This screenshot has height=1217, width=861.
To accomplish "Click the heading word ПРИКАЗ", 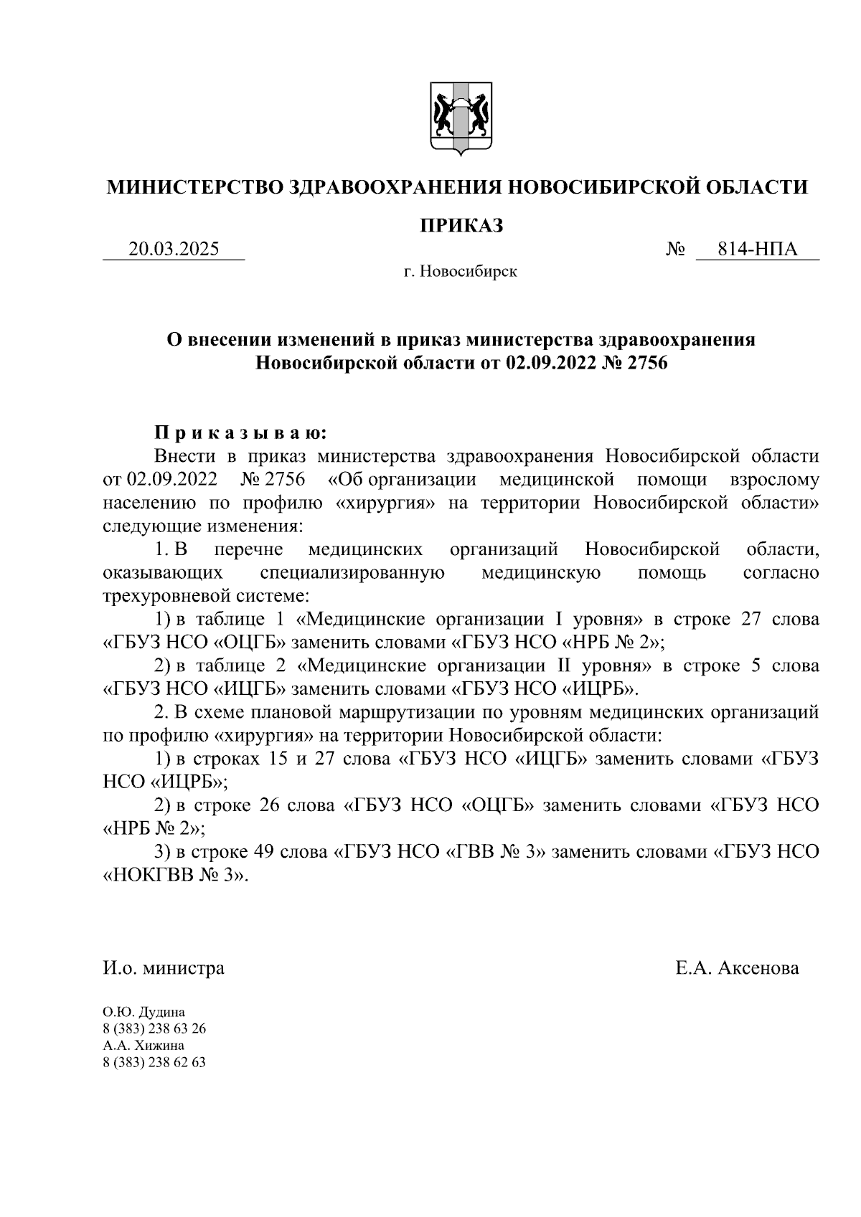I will tap(461, 225).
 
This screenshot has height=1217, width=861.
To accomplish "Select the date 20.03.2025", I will tap(174, 250).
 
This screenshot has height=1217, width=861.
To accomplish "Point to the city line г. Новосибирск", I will tap(460, 273).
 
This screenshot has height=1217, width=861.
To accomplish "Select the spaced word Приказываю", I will tap(241, 433).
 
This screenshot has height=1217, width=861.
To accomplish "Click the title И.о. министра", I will tap(164, 968).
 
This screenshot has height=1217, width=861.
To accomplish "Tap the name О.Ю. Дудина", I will tap(143, 1013).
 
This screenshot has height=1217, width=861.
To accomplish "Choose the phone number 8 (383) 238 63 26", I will tap(154, 1029).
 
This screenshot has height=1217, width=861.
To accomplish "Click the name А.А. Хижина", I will tap(143, 1046).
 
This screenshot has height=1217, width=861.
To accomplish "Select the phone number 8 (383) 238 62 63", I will tap(154, 1062).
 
